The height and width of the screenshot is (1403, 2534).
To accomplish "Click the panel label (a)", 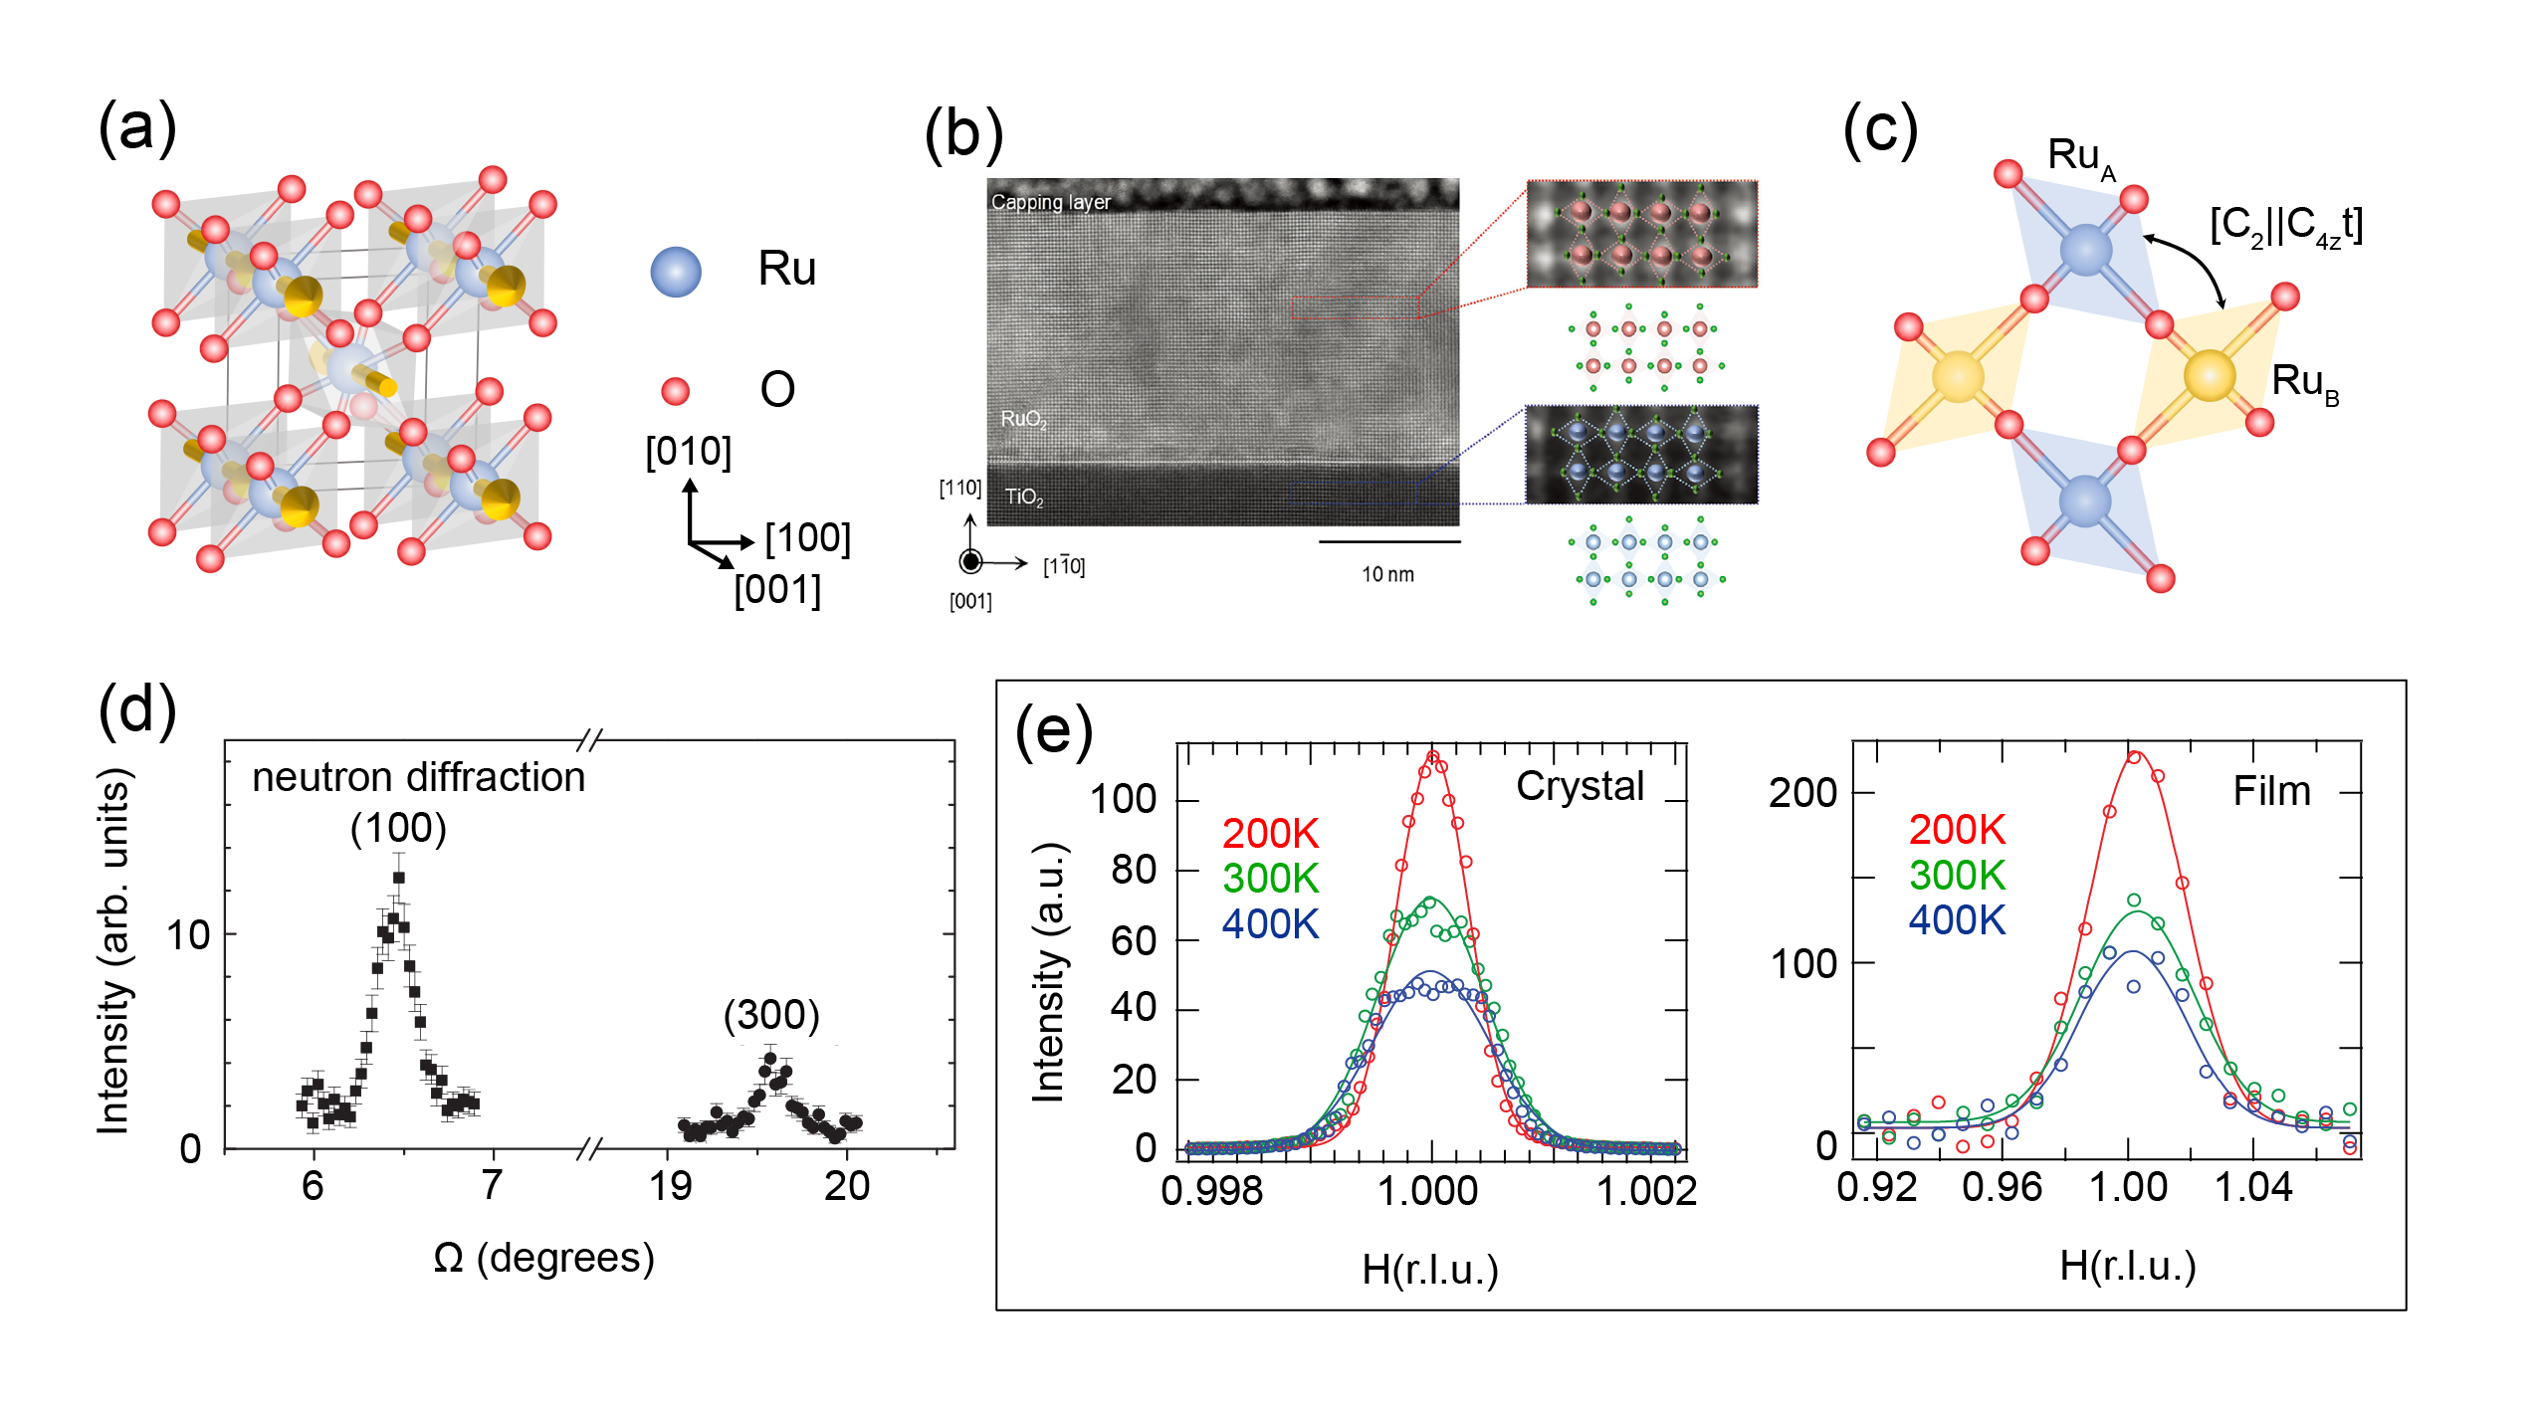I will point(137,128).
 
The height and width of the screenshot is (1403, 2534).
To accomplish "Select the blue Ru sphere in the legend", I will point(676,272).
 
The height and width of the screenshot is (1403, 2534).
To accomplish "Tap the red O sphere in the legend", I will point(676,391).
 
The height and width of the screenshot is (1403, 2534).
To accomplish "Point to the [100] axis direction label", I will point(807,538).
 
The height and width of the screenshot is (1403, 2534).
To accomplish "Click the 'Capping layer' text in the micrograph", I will point(1050,202).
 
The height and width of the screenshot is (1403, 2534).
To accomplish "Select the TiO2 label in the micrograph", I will point(1024,497).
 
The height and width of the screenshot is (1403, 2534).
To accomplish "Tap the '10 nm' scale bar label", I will point(1387,574).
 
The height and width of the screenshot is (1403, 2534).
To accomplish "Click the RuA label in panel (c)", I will point(2081,158).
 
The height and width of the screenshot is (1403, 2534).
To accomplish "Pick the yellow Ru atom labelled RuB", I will point(2210,376).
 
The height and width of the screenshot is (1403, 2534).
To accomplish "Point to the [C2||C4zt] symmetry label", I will point(2285,227).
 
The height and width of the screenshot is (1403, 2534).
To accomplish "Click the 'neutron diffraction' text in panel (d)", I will point(418,777).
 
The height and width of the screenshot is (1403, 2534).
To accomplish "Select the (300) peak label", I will point(771,1015).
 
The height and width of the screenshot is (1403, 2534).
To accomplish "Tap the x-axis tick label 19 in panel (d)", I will point(670,1185).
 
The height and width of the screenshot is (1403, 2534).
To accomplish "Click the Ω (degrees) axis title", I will point(543,1258).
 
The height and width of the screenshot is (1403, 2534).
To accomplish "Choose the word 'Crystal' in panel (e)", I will point(1580,786).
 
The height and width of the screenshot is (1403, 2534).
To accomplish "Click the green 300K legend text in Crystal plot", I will point(1270,879).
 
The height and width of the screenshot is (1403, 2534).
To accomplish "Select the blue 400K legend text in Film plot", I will point(1957,920).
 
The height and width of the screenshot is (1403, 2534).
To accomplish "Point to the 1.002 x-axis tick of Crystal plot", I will point(1646,1190).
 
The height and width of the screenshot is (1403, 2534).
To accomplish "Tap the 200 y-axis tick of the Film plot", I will point(1802,793).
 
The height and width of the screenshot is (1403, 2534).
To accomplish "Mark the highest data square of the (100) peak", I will point(399,878).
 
